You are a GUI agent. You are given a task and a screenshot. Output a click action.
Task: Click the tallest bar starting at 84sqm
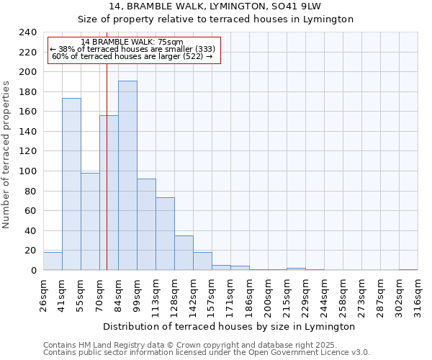[x=127, y=176]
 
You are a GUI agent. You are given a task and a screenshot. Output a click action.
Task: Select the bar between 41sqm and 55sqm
[x=71, y=184]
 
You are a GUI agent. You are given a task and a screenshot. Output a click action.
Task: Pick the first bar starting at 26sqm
[x=53, y=261]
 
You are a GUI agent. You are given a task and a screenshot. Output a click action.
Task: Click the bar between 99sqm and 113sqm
[x=146, y=225]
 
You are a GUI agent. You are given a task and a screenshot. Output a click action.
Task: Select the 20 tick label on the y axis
[x=30, y=251]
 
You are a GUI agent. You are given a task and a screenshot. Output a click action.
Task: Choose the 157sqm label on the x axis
[x=212, y=294]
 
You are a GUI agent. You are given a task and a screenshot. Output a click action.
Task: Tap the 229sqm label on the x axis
[x=305, y=294]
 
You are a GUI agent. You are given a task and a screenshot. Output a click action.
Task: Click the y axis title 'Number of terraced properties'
[x=6, y=154]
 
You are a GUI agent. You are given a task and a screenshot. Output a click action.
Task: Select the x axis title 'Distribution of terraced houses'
[x=229, y=326]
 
